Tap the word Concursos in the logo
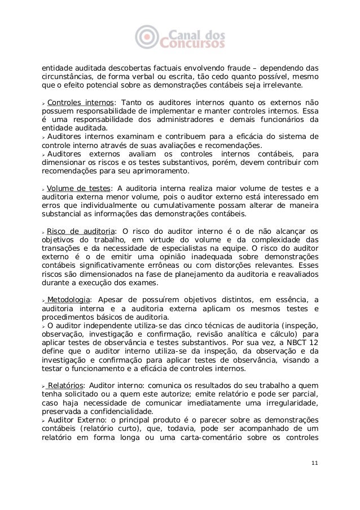193,43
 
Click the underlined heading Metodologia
68,299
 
